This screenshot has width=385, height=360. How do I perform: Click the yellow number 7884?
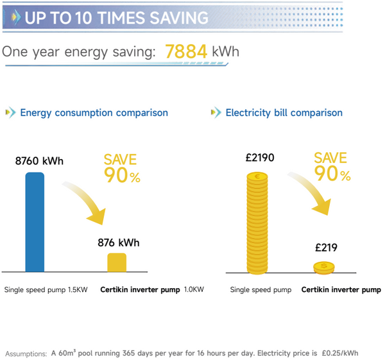pyautogui.click(x=186, y=51)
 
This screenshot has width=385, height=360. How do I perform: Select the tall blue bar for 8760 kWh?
pyautogui.click(x=35, y=222)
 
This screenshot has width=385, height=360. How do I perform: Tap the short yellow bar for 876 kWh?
pyautogui.click(x=117, y=262)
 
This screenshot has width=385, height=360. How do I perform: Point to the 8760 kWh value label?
pyautogui.click(x=39, y=161)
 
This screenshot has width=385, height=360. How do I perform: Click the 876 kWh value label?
pyautogui.click(x=118, y=243)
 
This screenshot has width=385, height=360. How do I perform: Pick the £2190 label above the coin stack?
pyautogui.click(x=260, y=157)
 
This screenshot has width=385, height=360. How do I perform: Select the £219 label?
pyautogui.click(x=325, y=247)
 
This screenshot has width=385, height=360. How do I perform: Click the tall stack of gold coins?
pyautogui.click(x=260, y=222)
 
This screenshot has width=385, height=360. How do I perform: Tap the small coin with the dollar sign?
pyautogui.click(x=324, y=266)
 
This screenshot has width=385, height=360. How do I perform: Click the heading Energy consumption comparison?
pyautogui.click(x=94, y=113)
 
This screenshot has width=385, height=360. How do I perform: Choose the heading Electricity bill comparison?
pyautogui.click(x=284, y=113)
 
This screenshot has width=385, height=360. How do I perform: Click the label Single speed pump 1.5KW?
pyautogui.click(x=46, y=290)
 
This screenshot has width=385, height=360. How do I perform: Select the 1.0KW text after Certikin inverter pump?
pyautogui.click(x=194, y=290)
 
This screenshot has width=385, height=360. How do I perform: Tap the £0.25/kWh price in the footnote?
pyautogui.click(x=339, y=353)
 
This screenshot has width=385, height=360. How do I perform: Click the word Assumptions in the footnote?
pyautogui.click(x=26, y=353)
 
